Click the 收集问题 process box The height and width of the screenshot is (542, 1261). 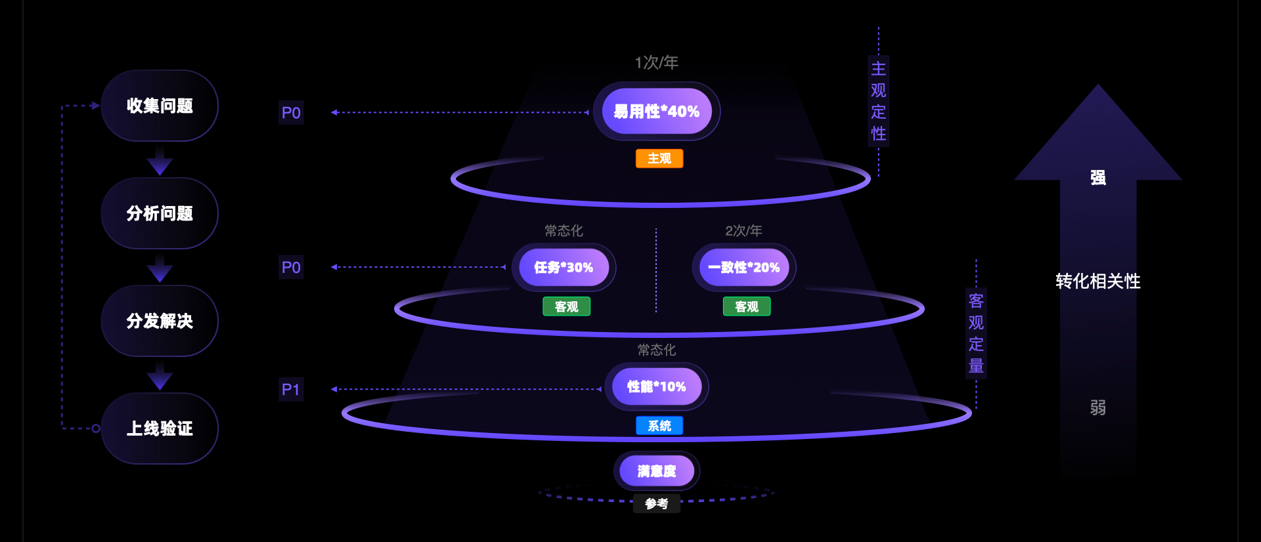pyautogui.click(x=160, y=106)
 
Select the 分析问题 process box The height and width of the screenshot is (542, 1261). pyautogui.click(x=160, y=213)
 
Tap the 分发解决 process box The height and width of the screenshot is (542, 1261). pyautogui.click(x=160, y=321)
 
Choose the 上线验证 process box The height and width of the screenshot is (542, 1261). pyautogui.click(x=160, y=428)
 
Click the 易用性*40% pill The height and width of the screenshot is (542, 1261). pyautogui.click(x=656, y=112)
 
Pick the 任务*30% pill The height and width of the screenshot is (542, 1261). pyautogui.click(x=564, y=268)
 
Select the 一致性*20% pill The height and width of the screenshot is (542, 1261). pyautogui.click(x=743, y=268)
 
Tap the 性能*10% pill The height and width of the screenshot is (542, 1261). pyautogui.click(x=656, y=386)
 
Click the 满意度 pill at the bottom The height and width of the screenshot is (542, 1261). pyautogui.click(x=656, y=471)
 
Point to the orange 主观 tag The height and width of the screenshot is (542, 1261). pyautogui.click(x=659, y=159)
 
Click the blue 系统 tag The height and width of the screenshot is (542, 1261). pyautogui.click(x=659, y=426)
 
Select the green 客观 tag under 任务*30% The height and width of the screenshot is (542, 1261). pyautogui.click(x=566, y=306)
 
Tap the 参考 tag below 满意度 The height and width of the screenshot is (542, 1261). pyautogui.click(x=656, y=504)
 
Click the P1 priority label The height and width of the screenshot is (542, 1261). pyautogui.click(x=291, y=390)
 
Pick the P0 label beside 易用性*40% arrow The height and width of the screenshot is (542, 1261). pyautogui.click(x=291, y=113)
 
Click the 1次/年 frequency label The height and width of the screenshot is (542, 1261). pyautogui.click(x=656, y=62)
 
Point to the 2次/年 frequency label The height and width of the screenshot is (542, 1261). pyautogui.click(x=743, y=231)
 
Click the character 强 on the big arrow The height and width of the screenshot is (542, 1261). pyautogui.click(x=1097, y=178)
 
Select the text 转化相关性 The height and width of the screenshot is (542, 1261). pyautogui.click(x=1097, y=281)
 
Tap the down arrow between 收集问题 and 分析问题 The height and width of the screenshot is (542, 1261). pyautogui.click(x=160, y=162)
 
